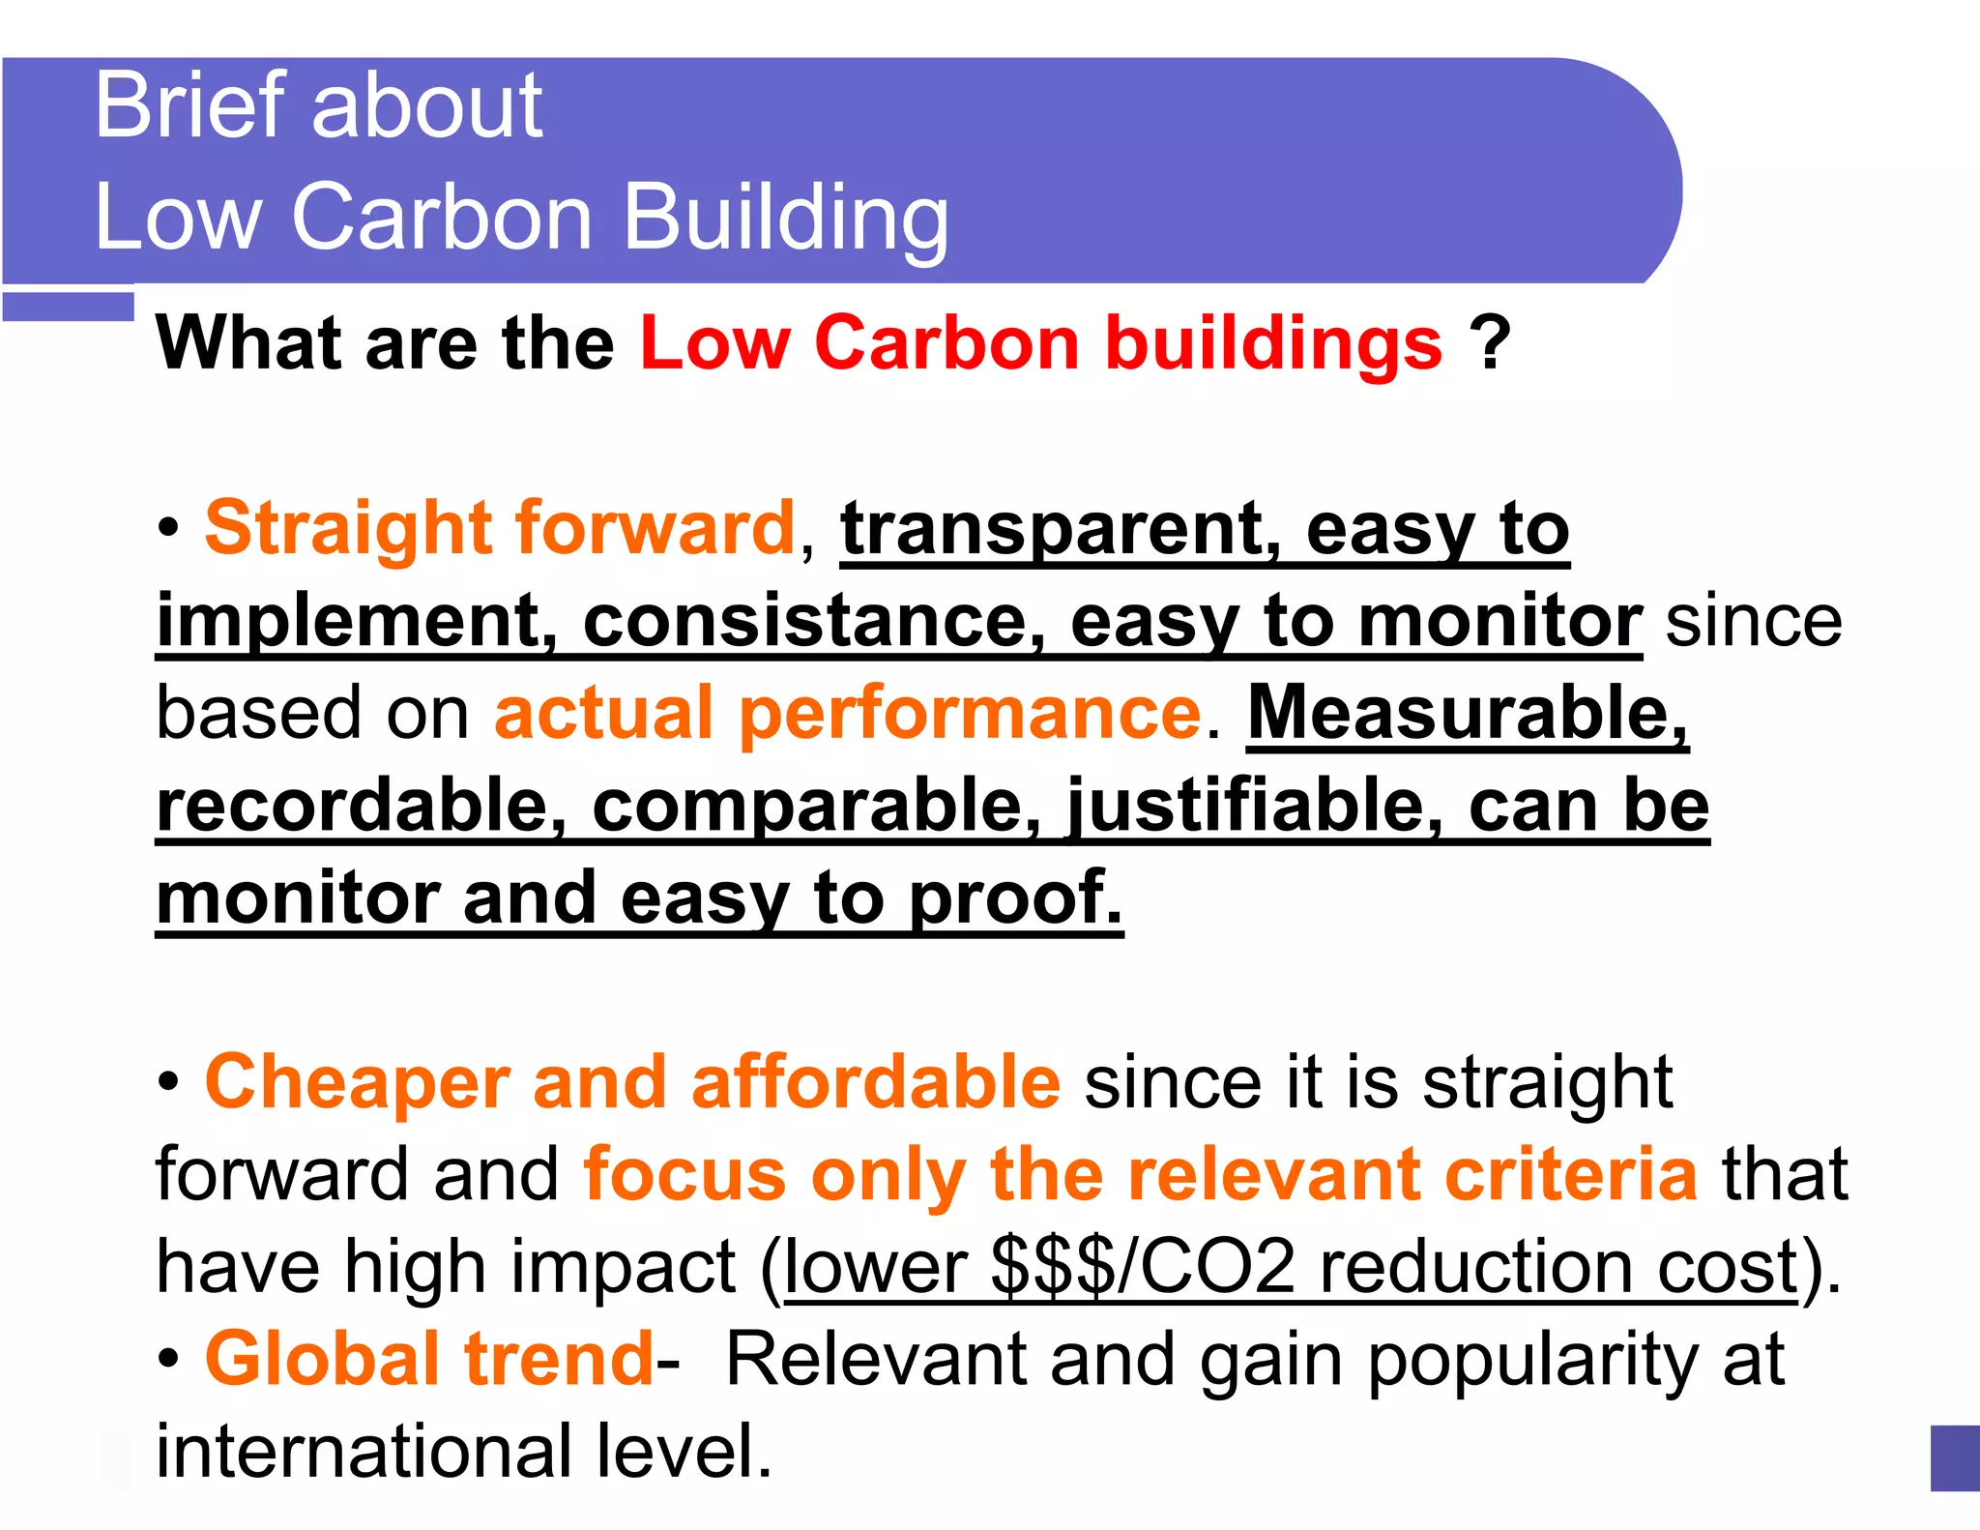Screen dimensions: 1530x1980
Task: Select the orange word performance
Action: [971, 714]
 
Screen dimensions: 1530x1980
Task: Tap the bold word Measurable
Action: [1467, 714]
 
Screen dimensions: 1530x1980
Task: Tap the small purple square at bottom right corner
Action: [1954, 1457]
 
